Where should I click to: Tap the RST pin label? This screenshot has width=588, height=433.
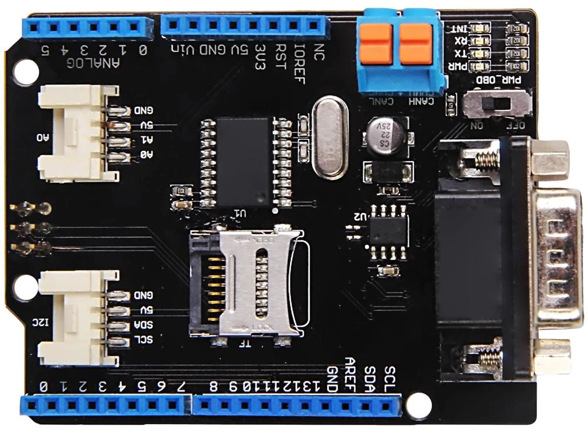click(x=280, y=56)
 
